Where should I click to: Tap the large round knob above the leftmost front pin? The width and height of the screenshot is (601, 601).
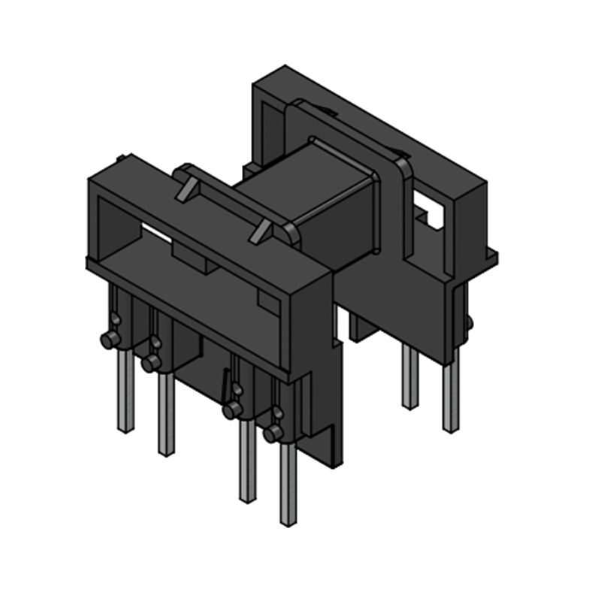[110, 340]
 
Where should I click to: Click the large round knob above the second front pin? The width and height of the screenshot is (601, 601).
[151, 364]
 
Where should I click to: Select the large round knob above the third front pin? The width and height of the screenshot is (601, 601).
[232, 410]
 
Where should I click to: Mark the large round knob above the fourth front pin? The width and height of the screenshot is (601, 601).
[273, 433]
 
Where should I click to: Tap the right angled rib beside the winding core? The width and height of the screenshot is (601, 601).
[261, 230]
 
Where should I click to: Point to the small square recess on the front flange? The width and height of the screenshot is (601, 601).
[267, 300]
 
